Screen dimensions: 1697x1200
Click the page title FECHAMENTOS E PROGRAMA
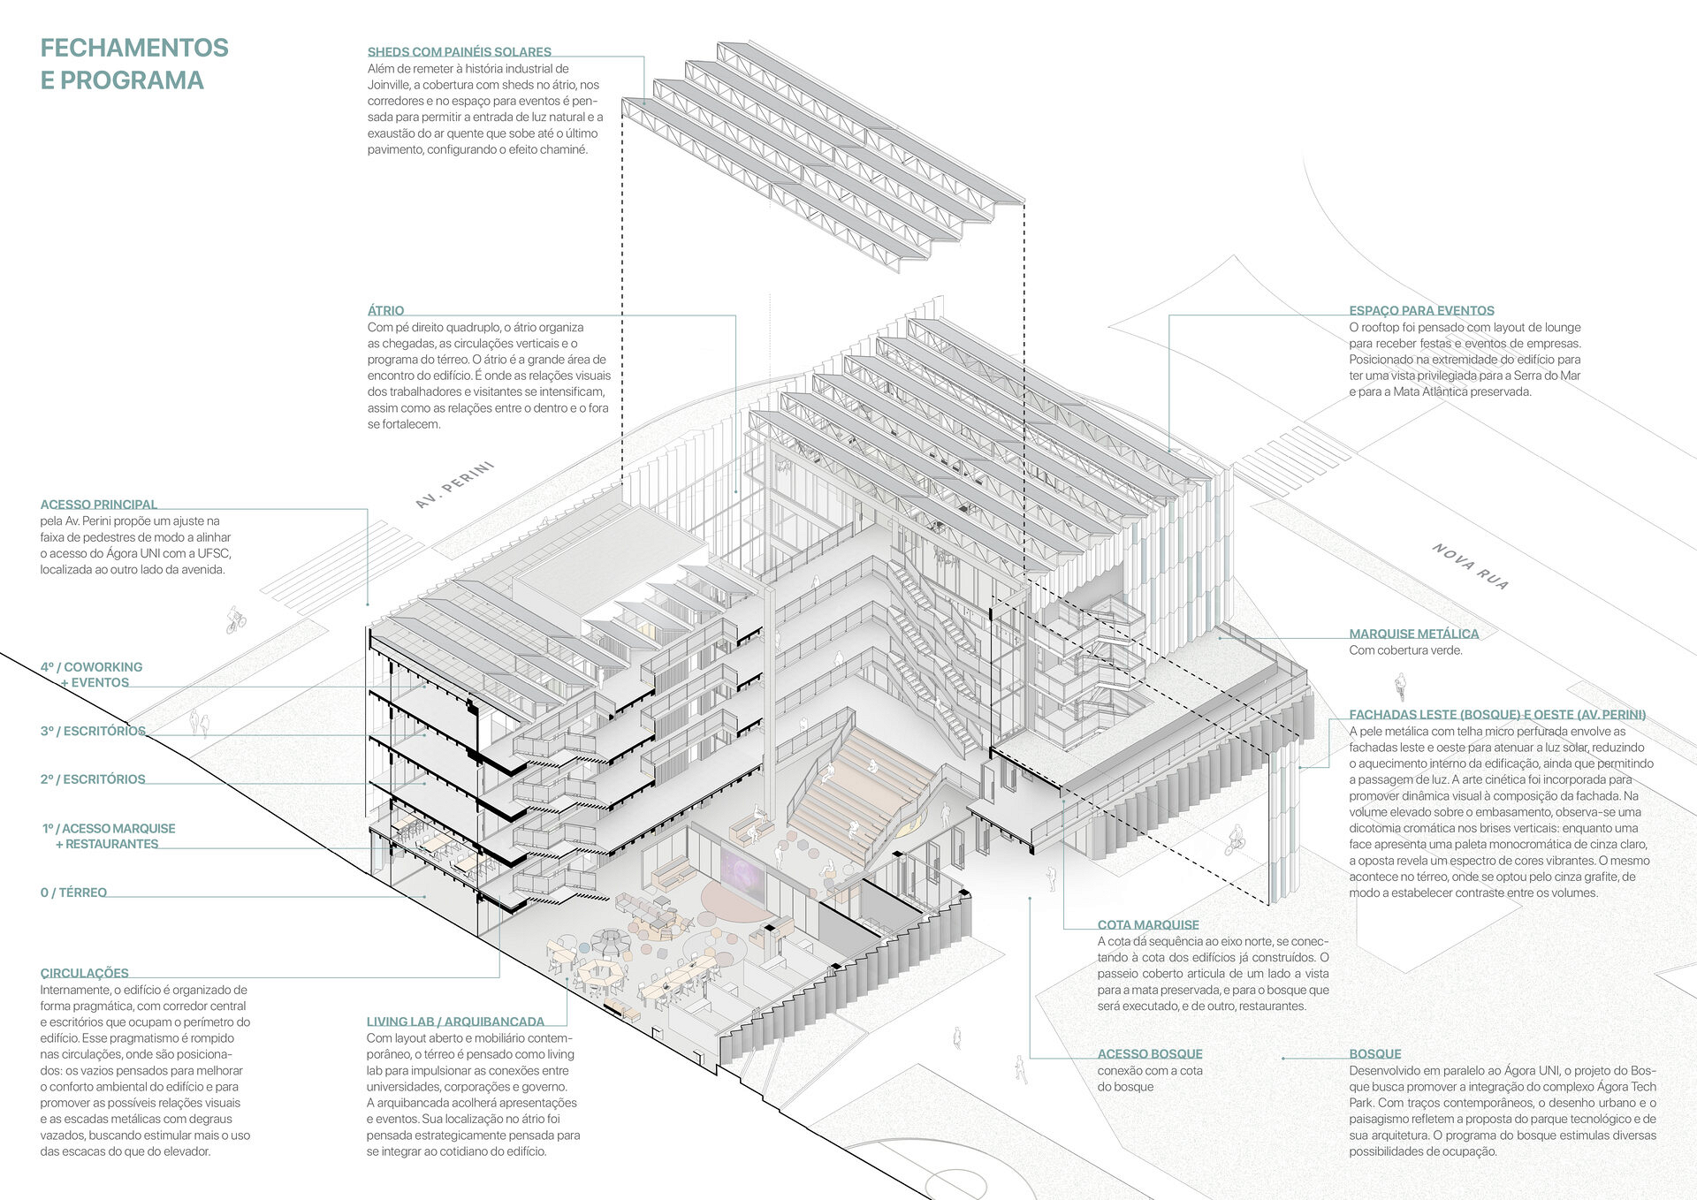(x=134, y=64)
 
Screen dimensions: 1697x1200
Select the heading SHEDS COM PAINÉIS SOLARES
(x=459, y=52)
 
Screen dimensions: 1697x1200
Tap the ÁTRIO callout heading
(x=385, y=310)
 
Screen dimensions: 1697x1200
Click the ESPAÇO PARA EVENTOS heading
(x=1421, y=310)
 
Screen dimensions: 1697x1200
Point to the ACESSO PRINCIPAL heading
(x=98, y=505)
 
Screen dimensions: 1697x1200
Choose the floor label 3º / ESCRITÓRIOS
(x=93, y=731)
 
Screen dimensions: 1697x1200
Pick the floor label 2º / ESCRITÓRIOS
(x=93, y=779)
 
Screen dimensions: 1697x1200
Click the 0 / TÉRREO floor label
(x=73, y=892)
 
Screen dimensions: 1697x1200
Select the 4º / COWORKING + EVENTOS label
(x=91, y=675)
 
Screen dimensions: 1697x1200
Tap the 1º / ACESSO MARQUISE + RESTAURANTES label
(x=108, y=836)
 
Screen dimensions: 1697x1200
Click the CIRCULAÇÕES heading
(x=84, y=973)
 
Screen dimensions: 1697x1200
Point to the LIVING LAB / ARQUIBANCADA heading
(x=455, y=1022)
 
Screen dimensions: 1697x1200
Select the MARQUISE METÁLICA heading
(x=1413, y=634)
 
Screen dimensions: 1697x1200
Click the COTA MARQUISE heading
(x=1148, y=924)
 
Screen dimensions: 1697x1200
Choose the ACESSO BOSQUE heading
(x=1150, y=1053)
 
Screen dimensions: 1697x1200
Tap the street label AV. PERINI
(x=454, y=485)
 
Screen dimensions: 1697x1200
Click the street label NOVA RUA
(x=1471, y=566)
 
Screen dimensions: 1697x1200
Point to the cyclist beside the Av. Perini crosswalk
(x=235, y=619)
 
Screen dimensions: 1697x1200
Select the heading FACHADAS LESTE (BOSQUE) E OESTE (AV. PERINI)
(x=1497, y=715)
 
